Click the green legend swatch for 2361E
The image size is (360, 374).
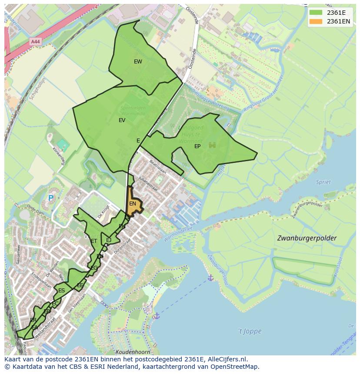click(316, 13)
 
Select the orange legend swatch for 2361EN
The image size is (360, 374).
click(316, 21)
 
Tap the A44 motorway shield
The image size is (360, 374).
click(36, 42)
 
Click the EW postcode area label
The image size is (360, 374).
click(138, 62)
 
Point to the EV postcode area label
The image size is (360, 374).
click(122, 120)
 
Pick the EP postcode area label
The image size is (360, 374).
click(197, 146)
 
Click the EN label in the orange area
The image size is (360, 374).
click(133, 204)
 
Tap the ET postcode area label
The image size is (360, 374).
click(94, 241)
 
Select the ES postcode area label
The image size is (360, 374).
click(61, 291)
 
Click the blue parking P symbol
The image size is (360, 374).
click(51, 198)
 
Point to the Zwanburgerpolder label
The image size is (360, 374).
click(307, 238)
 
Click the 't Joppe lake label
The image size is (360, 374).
click(250, 331)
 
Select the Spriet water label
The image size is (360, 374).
click(323, 182)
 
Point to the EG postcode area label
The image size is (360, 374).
click(94, 268)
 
